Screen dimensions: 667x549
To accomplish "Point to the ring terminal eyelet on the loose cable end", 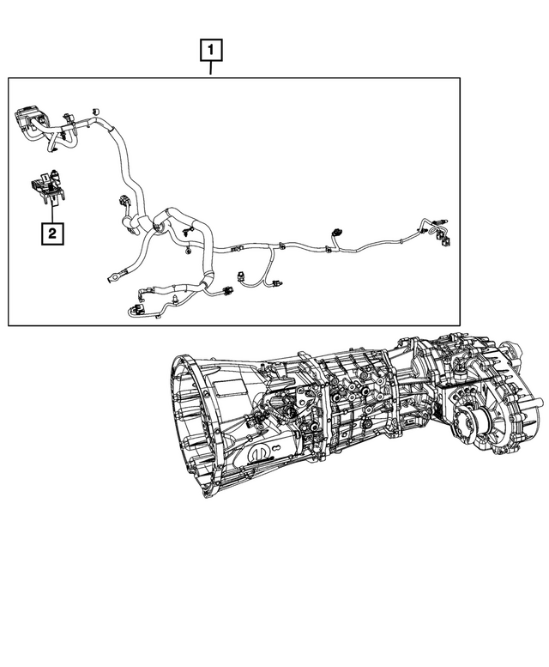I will click(112, 276).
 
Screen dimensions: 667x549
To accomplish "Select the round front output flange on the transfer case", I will click(474, 421).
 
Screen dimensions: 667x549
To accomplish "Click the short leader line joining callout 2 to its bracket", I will click(52, 213).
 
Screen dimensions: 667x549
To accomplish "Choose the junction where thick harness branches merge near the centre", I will click(159, 225).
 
